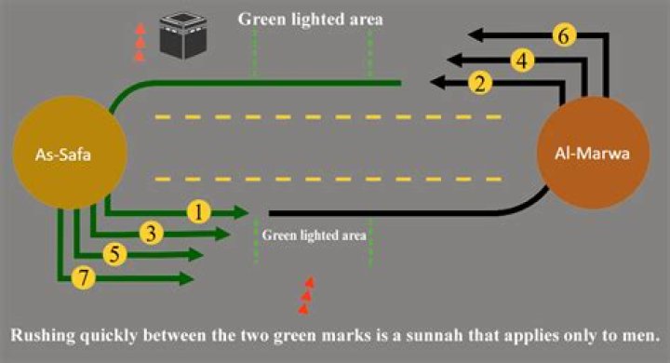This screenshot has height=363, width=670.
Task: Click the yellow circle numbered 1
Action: click(197, 211)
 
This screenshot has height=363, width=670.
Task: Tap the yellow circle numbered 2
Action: click(480, 84)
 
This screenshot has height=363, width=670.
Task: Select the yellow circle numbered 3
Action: click(153, 233)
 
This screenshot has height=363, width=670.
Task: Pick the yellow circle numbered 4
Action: click(523, 60)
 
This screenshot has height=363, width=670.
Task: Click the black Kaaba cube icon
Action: click(181, 34)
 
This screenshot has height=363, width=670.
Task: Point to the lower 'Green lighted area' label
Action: click(314, 235)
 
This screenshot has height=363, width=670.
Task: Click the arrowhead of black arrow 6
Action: click(474, 35)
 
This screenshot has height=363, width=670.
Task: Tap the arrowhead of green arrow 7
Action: click(188, 277)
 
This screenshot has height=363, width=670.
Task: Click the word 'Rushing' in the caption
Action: click(40, 333)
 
